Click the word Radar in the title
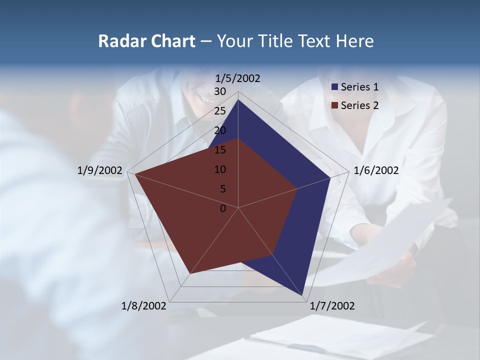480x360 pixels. click(x=119, y=41)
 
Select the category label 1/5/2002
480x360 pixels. click(x=238, y=78)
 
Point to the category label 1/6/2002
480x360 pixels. click(x=376, y=170)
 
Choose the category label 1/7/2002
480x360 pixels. click(x=332, y=305)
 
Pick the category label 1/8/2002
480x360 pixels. click(x=144, y=305)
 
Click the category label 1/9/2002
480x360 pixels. click(x=100, y=170)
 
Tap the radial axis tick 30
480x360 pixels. click(x=220, y=91)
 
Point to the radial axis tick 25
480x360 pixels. click(x=220, y=111)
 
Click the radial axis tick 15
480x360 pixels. click(x=220, y=150)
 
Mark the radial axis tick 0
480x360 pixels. click(x=223, y=208)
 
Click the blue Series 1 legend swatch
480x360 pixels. click(x=334, y=87)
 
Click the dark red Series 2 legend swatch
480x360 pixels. click(x=334, y=105)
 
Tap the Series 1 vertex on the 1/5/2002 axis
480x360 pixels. click(x=238, y=99)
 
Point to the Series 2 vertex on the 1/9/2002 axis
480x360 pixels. click(x=135, y=174)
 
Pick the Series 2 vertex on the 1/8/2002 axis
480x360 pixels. click(x=189, y=274)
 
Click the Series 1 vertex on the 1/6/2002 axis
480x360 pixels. click(x=330, y=177)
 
